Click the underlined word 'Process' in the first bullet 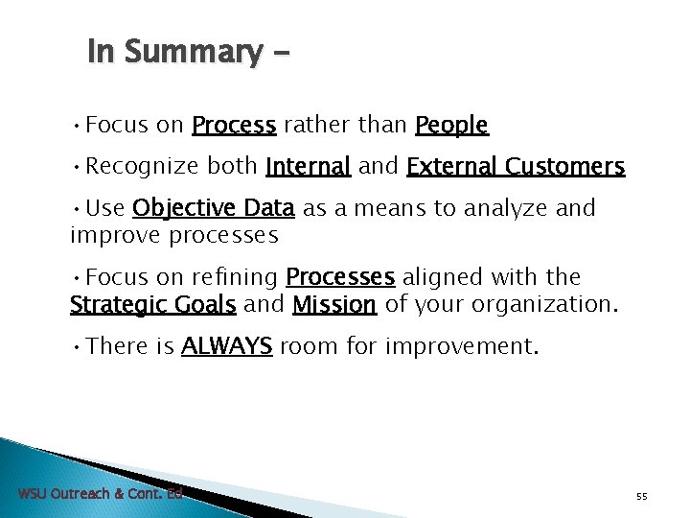(x=234, y=126)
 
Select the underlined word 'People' (x=451, y=126)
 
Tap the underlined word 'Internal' (x=309, y=167)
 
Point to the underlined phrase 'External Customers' (x=516, y=167)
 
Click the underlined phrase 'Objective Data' (x=213, y=208)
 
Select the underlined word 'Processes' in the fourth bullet (x=340, y=277)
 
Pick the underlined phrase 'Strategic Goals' (x=152, y=305)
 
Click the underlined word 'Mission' (x=334, y=305)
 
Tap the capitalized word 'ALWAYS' (x=227, y=346)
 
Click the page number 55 (x=642, y=496)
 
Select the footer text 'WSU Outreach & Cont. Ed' (x=100, y=494)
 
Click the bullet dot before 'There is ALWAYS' (x=76, y=346)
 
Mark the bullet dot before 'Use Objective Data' (x=76, y=208)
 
